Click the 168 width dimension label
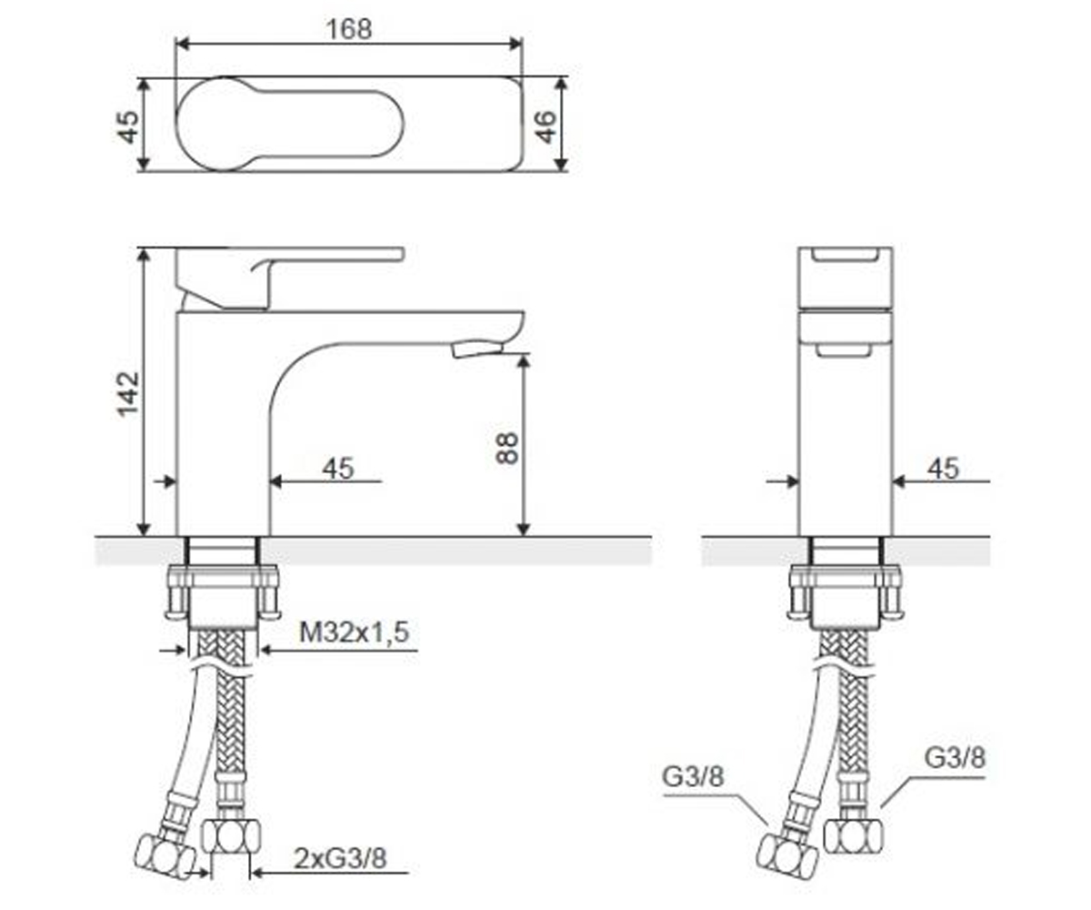click(348, 29)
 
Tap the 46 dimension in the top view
click(546, 127)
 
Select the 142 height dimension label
click(128, 394)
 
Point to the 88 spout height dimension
click(506, 448)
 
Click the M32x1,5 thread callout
click(354, 632)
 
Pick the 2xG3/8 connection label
click(340, 858)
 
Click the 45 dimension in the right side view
click(943, 468)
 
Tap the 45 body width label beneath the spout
click(338, 468)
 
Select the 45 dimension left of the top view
click(128, 127)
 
